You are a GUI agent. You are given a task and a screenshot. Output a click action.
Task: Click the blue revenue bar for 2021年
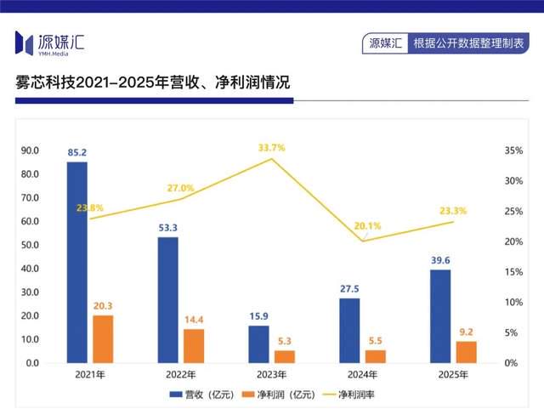pyautogui.click(x=77, y=262)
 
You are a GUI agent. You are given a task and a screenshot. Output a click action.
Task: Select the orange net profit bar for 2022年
pyautogui.click(x=193, y=346)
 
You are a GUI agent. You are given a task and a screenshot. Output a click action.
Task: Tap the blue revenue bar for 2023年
pyautogui.click(x=258, y=344)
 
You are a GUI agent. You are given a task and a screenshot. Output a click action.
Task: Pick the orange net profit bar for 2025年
pyautogui.click(x=466, y=352)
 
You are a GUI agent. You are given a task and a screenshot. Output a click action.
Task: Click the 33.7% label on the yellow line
pyautogui.click(x=272, y=148)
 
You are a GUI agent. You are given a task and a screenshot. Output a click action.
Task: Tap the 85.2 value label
pyautogui.click(x=77, y=153)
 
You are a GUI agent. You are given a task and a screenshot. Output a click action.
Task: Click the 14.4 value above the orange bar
pyautogui.click(x=193, y=320)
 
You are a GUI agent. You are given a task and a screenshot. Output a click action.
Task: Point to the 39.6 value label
pyautogui.click(x=440, y=260)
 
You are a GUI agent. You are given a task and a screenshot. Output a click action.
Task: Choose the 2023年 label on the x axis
pyautogui.click(x=271, y=374)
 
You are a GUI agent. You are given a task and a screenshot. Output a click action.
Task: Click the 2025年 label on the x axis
pyautogui.click(x=453, y=374)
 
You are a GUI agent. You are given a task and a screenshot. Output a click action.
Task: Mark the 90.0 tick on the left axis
pyautogui.click(x=31, y=150)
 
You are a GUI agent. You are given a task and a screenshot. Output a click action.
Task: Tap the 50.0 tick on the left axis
pyautogui.click(x=31, y=245)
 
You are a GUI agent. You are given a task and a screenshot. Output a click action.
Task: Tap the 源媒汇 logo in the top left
pyautogui.click(x=50, y=41)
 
